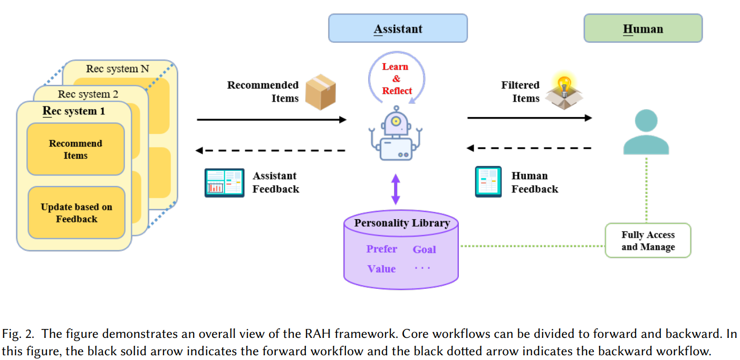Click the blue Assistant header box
(398, 28)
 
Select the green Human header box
(642, 28)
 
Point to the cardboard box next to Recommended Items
(321, 92)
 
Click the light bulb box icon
(565, 92)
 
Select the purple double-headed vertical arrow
(396, 189)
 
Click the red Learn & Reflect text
(396, 79)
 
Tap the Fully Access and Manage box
(648, 241)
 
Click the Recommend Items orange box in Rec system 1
(75, 150)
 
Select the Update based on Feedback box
(76, 213)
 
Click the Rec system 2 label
(88, 94)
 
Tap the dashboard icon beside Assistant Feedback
(224, 183)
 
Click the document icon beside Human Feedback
(488, 182)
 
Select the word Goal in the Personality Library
(424, 249)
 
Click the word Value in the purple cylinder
(381, 269)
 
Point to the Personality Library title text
(402, 223)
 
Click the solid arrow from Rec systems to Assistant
(271, 120)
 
